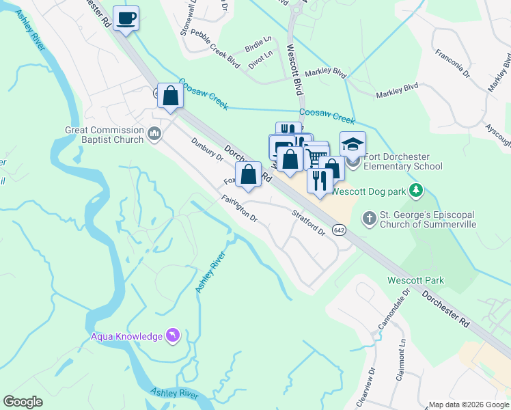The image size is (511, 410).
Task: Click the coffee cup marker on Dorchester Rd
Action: [x=126, y=18]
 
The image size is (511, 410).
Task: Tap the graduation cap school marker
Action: [x=353, y=145]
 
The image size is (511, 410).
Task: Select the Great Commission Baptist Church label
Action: [x=105, y=135]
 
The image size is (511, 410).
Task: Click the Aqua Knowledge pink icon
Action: [x=172, y=336]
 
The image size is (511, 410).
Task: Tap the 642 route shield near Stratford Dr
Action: [x=339, y=230]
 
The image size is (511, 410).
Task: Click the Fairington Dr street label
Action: [x=239, y=209]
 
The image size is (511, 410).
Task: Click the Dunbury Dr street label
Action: [x=208, y=149]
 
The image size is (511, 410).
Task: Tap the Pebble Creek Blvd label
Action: [x=215, y=48]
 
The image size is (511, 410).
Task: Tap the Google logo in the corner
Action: [x=23, y=402]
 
